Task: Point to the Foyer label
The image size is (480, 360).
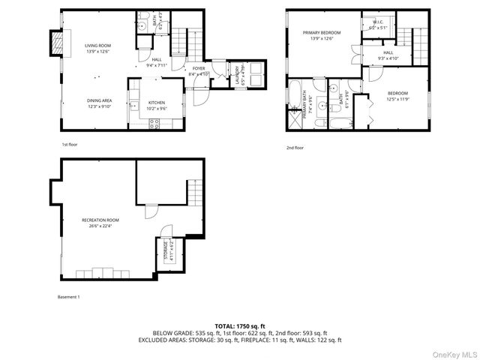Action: (x=198, y=71)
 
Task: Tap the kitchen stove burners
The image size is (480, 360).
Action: (x=156, y=124)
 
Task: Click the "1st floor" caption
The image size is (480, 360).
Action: (x=69, y=144)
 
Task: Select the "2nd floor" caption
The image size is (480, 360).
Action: (x=295, y=148)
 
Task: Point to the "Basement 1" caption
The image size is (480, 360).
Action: (x=69, y=297)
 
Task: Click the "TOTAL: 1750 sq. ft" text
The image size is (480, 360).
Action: (x=239, y=326)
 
